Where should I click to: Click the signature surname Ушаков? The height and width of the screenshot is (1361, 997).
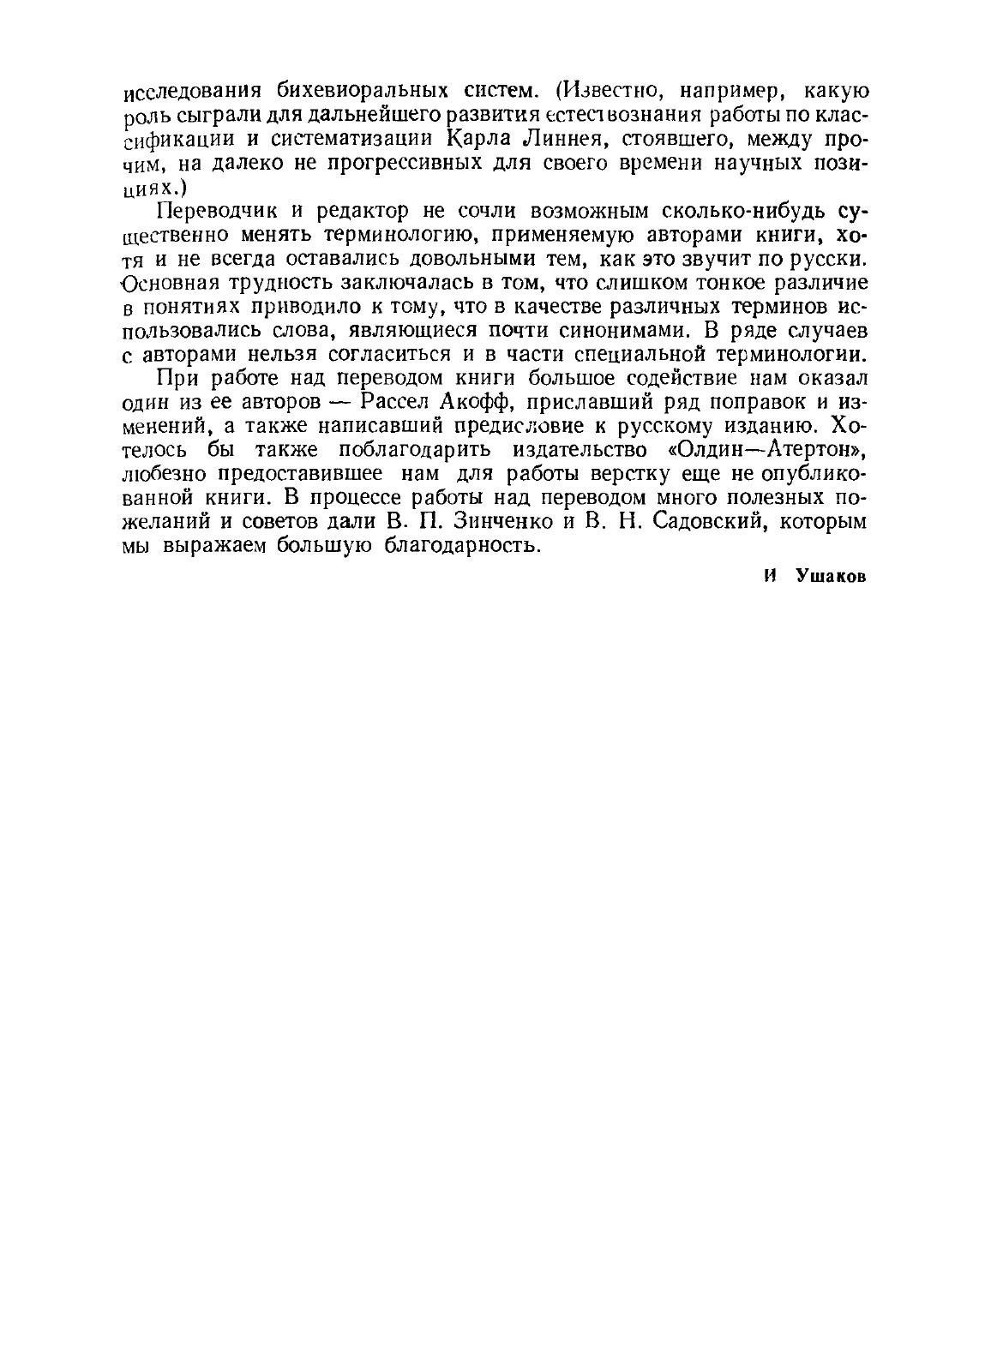831,577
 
